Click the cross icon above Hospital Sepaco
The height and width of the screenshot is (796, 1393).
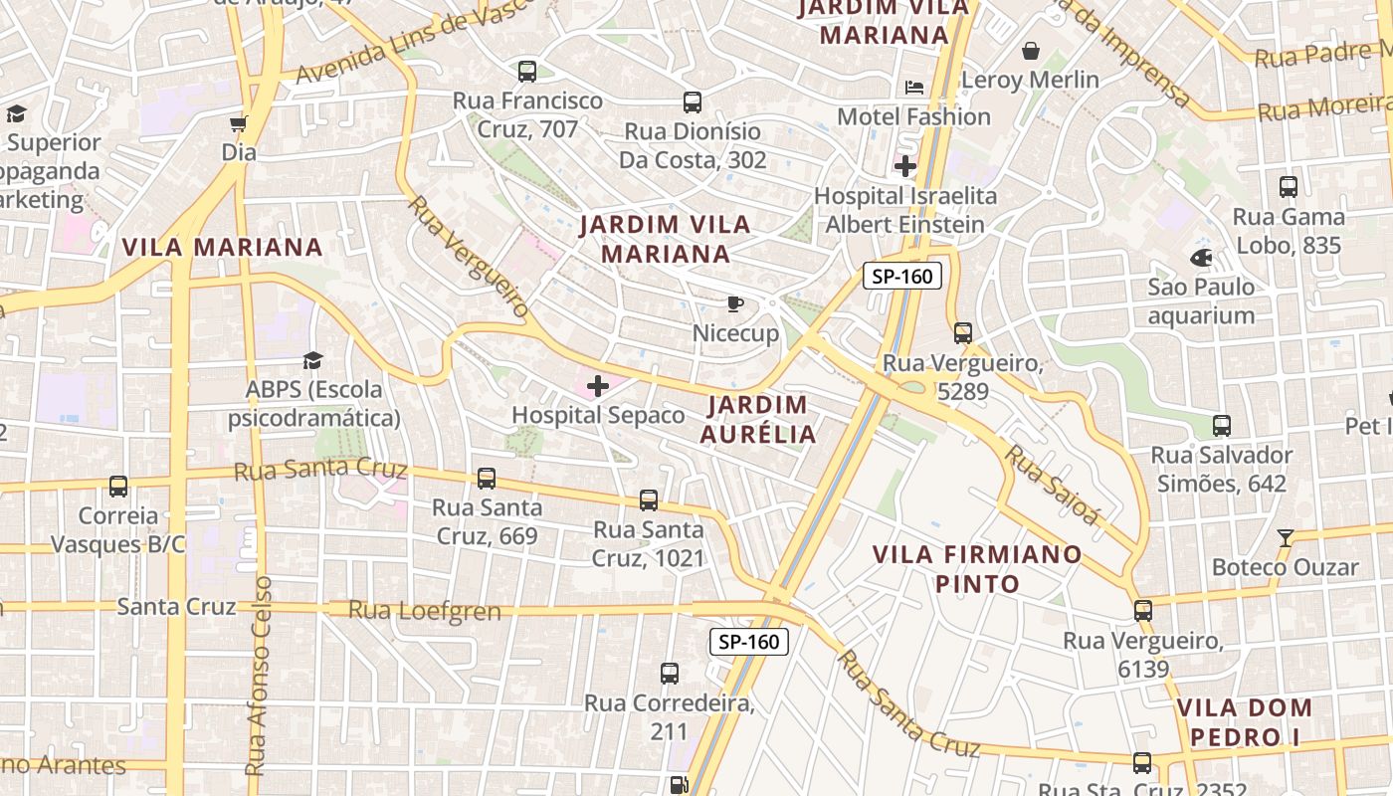(x=598, y=386)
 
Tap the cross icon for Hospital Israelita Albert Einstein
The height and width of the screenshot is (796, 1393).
(x=905, y=166)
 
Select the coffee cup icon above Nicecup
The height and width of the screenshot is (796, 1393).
(x=734, y=303)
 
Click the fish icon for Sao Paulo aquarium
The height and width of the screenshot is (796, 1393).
(x=1201, y=258)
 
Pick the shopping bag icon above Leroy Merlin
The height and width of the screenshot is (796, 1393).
(x=1031, y=50)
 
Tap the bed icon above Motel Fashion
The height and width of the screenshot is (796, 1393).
(x=914, y=88)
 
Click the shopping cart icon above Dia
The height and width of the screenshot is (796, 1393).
(x=238, y=123)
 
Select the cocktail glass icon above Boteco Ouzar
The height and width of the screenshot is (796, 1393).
(x=1286, y=538)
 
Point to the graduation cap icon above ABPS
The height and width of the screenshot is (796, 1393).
(x=313, y=360)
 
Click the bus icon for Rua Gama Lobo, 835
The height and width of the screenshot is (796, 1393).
(x=1289, y=187)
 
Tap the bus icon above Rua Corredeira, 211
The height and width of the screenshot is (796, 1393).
(x=670, y=674)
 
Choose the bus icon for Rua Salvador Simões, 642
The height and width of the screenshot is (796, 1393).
(x=1222, y=426)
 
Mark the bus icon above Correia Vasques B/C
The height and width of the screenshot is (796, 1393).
(x=118, y=487)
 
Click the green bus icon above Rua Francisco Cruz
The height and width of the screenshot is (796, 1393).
(x=527, y=72)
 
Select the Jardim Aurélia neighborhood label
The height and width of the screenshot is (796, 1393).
(x=758, y=419)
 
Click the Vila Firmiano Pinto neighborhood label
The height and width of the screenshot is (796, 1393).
(x=977, y=568)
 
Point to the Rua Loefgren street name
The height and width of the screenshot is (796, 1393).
(x=425, y=610)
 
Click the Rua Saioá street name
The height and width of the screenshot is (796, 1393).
(x=1053, y=484)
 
